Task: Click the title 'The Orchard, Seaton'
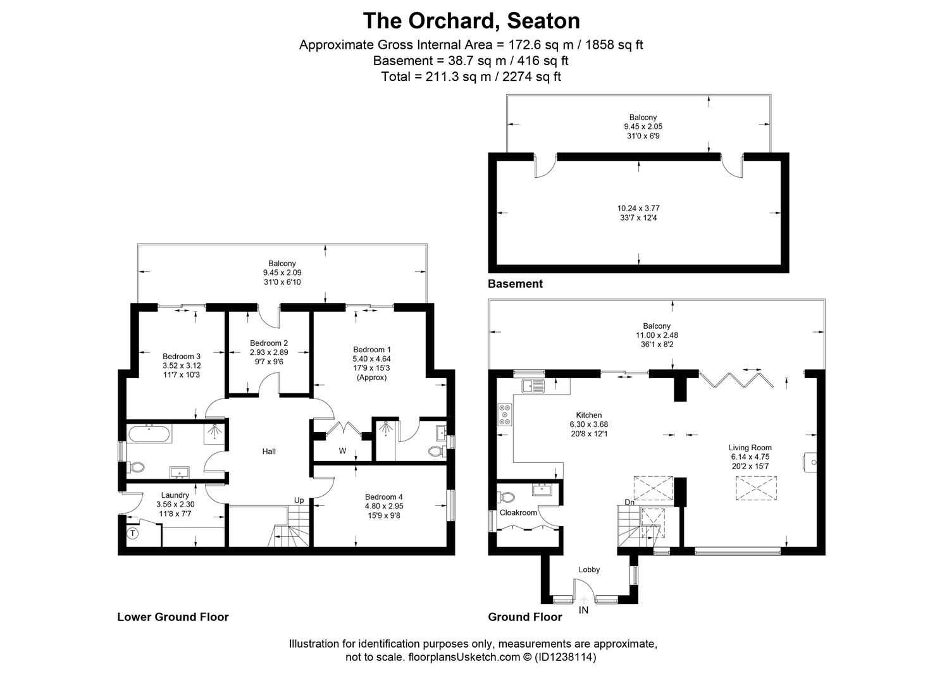pyautogui.click(x=471, y=21)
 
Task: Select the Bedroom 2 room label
pyautogui.click(x=268, y=343)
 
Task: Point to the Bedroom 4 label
pyautogui.click(x=383, y=497)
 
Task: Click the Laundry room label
pyautogui.click(x=175, y=495)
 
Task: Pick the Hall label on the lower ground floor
pyautogui.click(x=269, y=452)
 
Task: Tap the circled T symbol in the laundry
pyautogui.click(x=133, y=533)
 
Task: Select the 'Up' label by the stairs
pyautogui.click(x=299, y=500)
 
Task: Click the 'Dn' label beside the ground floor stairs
pyautogui.click(x=629, y=502)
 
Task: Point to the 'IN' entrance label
pyautogui.click(x=583, y=610)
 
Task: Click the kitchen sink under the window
pyautogui.click(x=533, y=385)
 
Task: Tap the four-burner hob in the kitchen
pyautogui.click(x=505, y=414)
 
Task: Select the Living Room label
pyautogui.click(x=750, y=448)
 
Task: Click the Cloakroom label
pyautogui.click(x=518, y=513)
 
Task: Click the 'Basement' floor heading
pyautogui.click(x=515, y=284)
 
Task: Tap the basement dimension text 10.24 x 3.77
pyautogui.click(x=638, y=208)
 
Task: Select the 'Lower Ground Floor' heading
pyautogui.click(x=173, y=617)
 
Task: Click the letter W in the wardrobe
pyautogui.click(x=342, y=451)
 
